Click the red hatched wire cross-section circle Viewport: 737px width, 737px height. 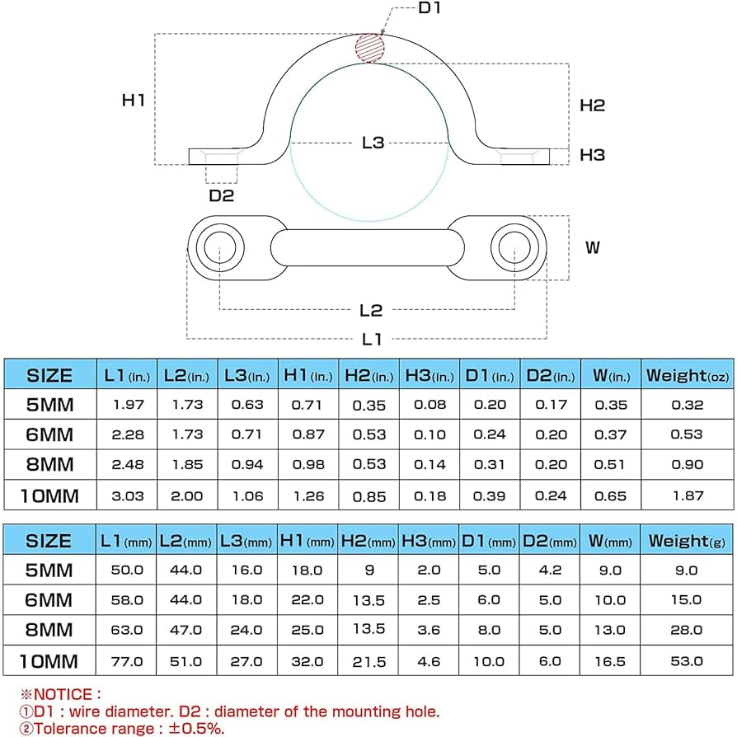click(x=370, y=47)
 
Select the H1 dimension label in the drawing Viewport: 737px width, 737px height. click(x=134, y=101)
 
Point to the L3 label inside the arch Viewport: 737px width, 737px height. click(x=373, y=143)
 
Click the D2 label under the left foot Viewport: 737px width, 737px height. click(x=221, y=195)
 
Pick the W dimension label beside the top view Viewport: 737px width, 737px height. click(x=592, y=247)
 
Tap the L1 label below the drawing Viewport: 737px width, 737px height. click(x=372, y=339)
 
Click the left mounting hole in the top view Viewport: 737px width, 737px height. click(x=220, y=246)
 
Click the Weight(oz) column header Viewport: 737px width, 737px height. click(x=687, y=376)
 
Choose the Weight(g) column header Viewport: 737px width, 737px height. click(x=687, y=541)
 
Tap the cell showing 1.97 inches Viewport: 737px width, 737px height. click(x=126, y=405)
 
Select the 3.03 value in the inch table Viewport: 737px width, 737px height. click(x=126, y=495)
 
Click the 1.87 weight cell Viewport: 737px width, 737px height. click(x=687, y=495)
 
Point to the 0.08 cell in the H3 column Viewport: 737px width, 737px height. click(x=430, y=405)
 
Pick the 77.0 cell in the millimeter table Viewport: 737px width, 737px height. click(x=126, y=660)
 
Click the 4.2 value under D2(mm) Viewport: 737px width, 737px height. click(x=551, y=570)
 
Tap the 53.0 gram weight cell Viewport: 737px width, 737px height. click(x=687, y=660)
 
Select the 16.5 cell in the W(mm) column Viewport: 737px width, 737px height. click(x=611, y=660)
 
